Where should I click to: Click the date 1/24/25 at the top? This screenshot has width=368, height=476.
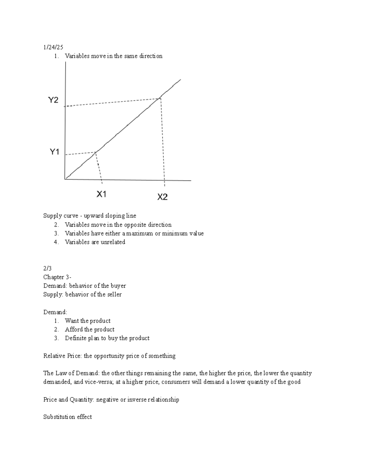coord(53,47)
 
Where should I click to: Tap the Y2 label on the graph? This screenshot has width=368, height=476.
coord(53,100)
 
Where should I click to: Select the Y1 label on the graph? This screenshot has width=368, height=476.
coord(54,152)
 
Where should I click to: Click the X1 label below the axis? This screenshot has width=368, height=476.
coord(101,194)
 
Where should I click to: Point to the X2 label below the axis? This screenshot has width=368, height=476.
coord(162,197)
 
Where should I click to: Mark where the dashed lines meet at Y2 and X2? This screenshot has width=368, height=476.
coord(160,98)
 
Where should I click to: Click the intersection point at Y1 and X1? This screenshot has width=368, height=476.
coord(96,152)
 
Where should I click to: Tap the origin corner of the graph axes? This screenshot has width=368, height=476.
coord(65,178)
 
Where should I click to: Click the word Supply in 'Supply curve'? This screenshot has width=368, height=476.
coord(52,216)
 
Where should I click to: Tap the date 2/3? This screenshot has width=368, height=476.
coord(47,268)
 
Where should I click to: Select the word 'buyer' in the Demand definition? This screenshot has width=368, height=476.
coord(118,286)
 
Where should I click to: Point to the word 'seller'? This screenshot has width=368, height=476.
coord(114,295)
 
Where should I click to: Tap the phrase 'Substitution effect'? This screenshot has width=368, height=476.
coord(67,417)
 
